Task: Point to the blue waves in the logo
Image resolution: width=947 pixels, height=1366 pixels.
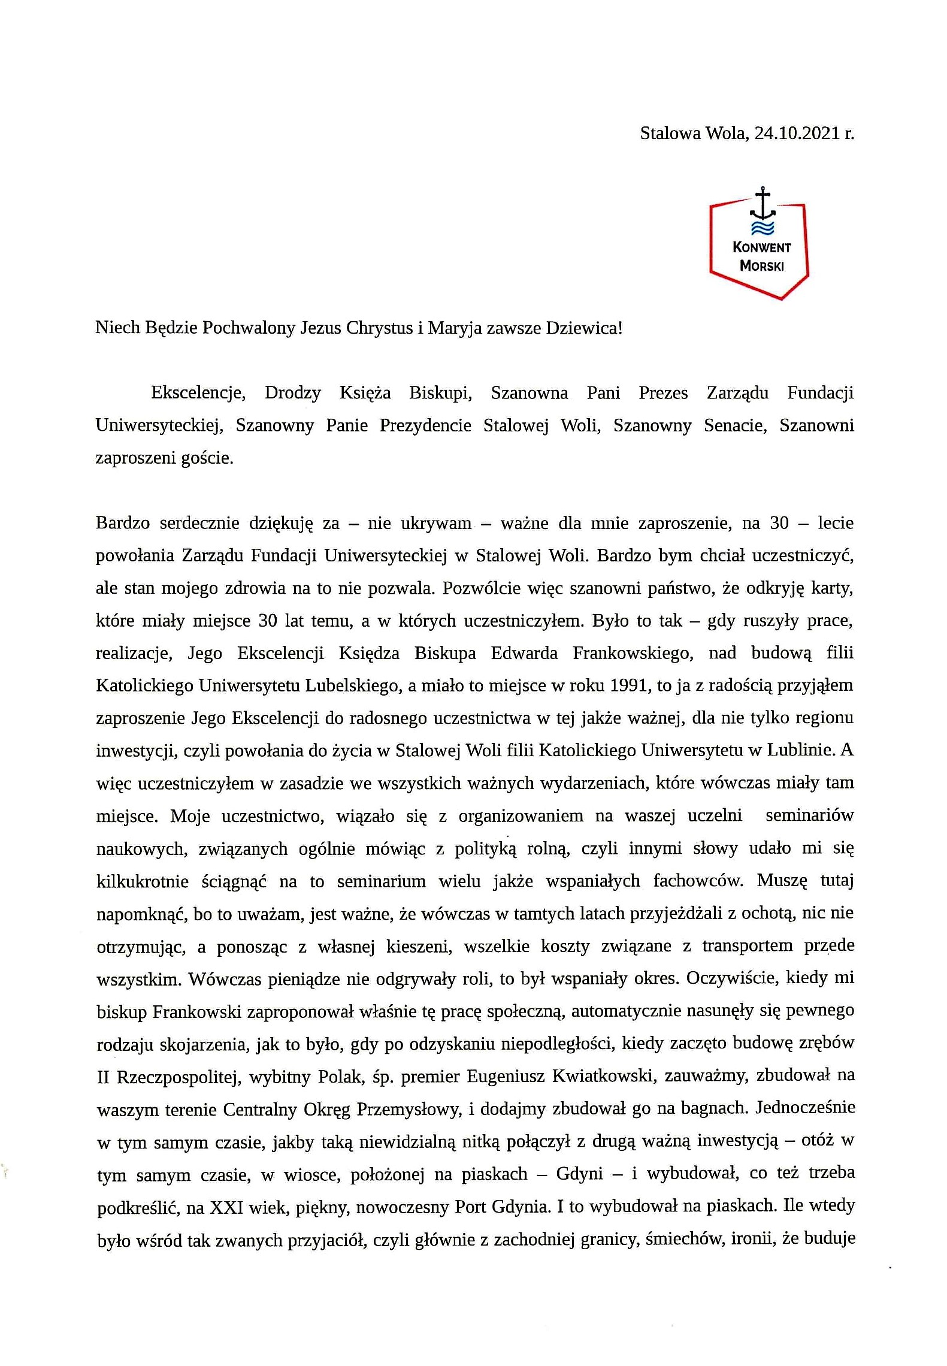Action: [x=762, y=227]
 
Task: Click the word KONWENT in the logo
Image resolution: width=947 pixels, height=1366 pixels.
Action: [x=761, y=247]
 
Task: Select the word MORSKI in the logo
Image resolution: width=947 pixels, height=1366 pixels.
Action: [x=761, y=265]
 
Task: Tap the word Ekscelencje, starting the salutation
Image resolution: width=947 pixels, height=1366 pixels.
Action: [x=198, y=393]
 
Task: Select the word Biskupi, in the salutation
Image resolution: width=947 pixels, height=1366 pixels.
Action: [x=441, y=393]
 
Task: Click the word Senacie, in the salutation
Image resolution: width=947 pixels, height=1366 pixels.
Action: [x=735, y=425]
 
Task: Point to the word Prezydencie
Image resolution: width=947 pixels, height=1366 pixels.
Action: [x=425, y=425]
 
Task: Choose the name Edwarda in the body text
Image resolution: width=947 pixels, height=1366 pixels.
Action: [x=524, y=653]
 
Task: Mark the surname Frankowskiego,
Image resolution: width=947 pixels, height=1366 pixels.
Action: [x=633, y=653]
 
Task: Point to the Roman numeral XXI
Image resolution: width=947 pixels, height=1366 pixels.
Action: [x=226, y=1207]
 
